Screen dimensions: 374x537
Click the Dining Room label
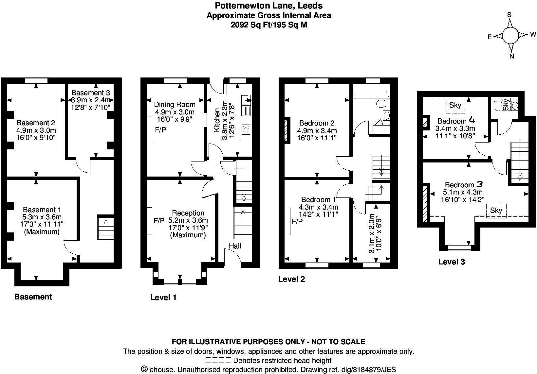pyautogui.click(x=175, y=105)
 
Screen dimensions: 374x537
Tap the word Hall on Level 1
pyautogui.click(x=235, y=246)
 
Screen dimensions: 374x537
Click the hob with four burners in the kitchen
pyautogui.click(x=246, y=129)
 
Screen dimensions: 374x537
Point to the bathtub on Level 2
pyautogui.click(x=371, y=91)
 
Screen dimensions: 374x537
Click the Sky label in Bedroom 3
pyautogui.click(x=496, y=211)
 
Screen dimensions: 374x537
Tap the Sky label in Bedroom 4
pyautogui.click(x=455, y=105)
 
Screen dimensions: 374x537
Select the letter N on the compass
pyautogui.click(x=512, y=56)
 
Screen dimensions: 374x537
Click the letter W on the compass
pyautogui.click(x=533, y=34)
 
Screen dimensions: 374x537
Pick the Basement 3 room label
pyautogui.click(x=91, y=93)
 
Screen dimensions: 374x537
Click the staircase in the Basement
pyautogui.click(x=105, y=228)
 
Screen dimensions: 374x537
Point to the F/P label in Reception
pyautogui.click(x=159, y=221)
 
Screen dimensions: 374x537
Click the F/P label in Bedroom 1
pyautogui.click(x=297, y=221)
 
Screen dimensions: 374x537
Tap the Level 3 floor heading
pyautogui.click(x=452, y=262)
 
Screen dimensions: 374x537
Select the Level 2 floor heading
pyautogui.click(x=291, y=279)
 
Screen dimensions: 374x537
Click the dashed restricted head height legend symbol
pyautogui.click(x=218, y=361)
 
